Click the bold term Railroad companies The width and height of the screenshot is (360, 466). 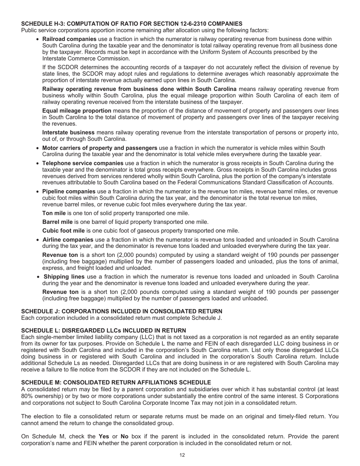69,39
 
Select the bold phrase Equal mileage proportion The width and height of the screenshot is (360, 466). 77,111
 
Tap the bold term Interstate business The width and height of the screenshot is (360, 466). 69,132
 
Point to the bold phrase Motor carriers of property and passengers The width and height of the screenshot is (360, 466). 100,148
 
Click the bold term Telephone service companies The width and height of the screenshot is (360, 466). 83,163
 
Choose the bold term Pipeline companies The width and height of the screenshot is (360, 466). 69,191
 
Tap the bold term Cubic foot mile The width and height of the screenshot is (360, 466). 64,230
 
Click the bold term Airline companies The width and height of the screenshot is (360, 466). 68,239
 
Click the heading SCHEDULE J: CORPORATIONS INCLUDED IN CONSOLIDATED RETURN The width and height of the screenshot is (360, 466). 122,311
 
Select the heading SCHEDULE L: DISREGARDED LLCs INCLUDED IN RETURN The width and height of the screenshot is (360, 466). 103,330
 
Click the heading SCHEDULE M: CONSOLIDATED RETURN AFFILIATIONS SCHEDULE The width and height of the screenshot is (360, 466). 116,382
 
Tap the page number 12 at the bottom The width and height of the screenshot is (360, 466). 182,455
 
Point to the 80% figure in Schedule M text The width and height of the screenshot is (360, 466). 27,396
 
